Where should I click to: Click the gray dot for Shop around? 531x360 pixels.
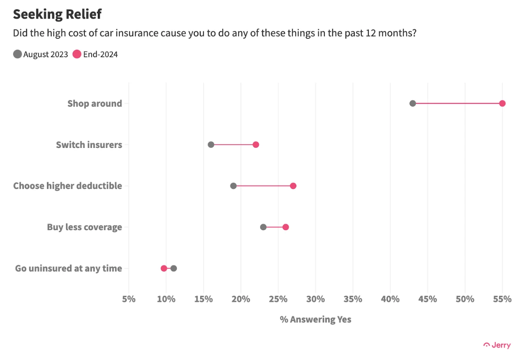413,103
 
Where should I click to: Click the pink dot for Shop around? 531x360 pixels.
502,103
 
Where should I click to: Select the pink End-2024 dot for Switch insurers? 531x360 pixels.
256,145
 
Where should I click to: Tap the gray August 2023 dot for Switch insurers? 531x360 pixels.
211,145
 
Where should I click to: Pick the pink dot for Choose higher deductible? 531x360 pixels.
293,186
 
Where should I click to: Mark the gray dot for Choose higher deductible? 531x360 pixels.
233,186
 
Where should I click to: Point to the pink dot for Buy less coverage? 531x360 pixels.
286,227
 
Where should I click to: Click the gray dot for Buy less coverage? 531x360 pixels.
263,227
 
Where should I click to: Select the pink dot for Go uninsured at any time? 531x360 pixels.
164,268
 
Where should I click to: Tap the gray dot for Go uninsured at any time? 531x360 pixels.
173,268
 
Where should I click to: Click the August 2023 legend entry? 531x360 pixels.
41,54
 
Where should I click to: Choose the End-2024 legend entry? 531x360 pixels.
95,54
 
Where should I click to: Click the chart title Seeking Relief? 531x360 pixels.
57,14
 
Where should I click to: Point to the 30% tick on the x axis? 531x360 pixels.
316,299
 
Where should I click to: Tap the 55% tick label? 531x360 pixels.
502,299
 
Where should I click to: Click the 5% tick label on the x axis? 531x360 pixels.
129,299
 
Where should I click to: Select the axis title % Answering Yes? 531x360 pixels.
315,319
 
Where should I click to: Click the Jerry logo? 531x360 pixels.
497,345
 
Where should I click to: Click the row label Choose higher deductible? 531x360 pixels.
67,186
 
